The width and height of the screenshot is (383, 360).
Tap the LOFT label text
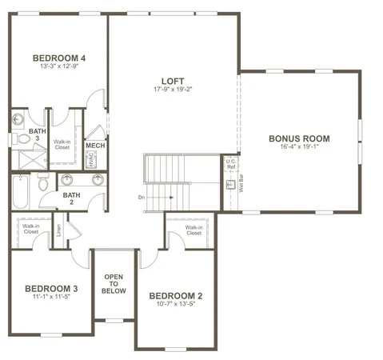(172, 81)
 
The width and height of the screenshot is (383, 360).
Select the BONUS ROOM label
(299, 138)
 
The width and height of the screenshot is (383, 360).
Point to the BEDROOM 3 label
(50, 288)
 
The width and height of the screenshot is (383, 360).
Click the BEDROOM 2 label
(177, 295)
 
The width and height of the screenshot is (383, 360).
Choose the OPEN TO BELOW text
(112, 284)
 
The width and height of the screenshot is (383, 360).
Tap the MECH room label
(95, 146)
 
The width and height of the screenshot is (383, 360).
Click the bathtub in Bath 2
(22, 192)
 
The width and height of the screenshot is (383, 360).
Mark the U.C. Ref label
(230, 163)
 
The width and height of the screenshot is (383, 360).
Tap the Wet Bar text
(240, 186)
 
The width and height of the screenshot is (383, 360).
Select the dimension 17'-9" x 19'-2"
(172, 90)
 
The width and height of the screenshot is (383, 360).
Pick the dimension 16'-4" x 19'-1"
(299, 147)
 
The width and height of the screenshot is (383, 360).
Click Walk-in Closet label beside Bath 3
(62, 145)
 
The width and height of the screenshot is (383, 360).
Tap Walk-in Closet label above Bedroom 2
(193, 230)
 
